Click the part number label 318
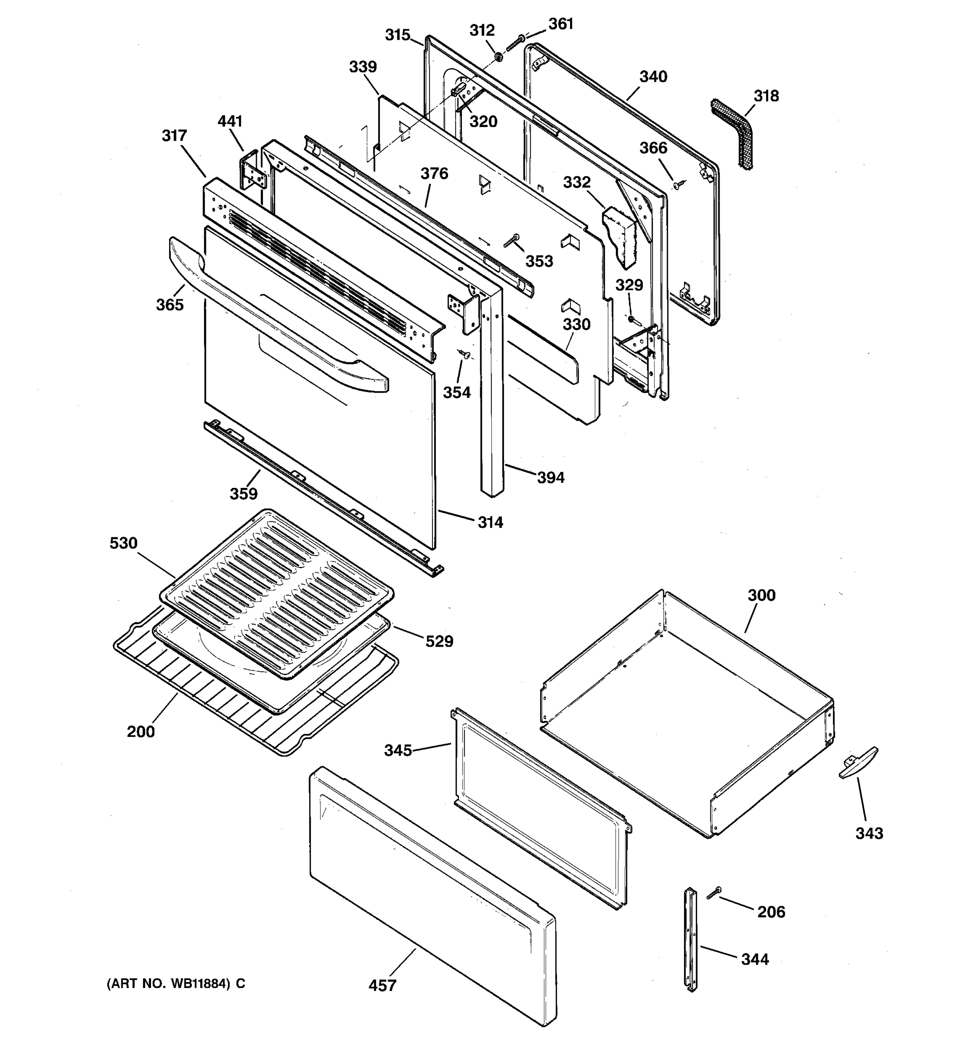[766, 96]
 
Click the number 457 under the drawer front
[382, 985]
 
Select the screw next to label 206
[714, 894]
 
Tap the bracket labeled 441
[254, 172]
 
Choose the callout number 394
[551, 477]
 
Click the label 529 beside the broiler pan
[439, 641]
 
